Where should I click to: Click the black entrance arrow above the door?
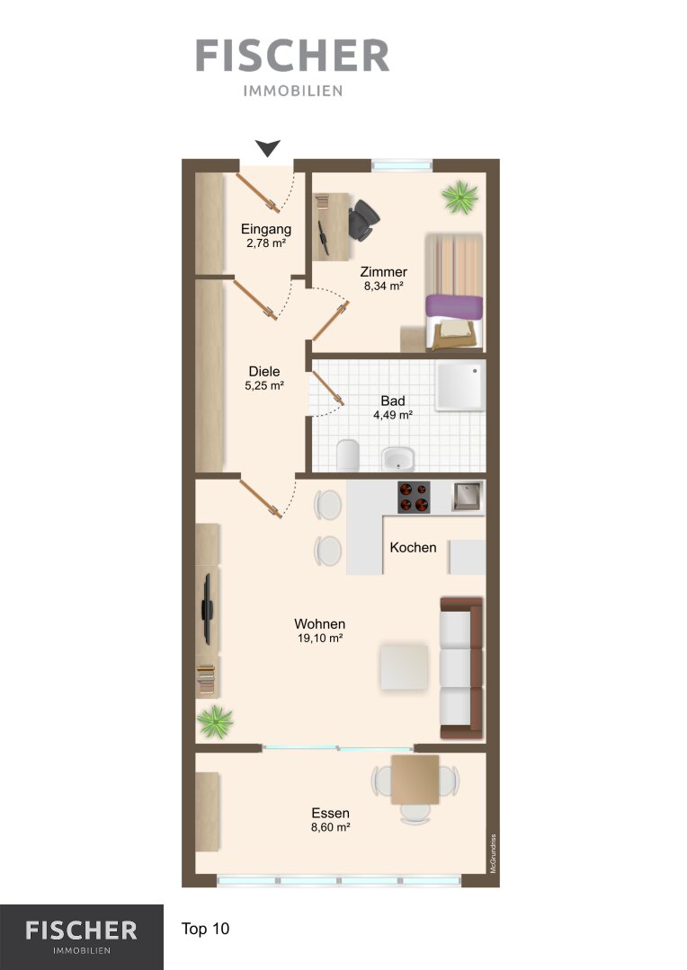(x=268, y=148)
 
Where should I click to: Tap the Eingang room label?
(x=266, y=229)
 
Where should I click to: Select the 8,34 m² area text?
(x=383, y=286)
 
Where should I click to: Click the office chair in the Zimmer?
(x=363, y=220)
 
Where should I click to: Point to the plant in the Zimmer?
(x=460, y=198)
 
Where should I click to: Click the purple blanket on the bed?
(x=454, y=307)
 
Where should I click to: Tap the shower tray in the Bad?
(x=459, y=386)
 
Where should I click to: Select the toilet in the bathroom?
(x=348, y=454)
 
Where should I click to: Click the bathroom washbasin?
(x=397, y=458)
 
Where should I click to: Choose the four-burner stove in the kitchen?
(x=414, y=498)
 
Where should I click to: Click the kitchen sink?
(x=467, y=496)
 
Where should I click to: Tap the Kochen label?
(x=414, y=548)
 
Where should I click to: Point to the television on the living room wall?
(x=208, y=609)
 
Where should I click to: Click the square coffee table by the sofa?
(x=404, y=666)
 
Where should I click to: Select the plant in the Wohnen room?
(x=215, y=722)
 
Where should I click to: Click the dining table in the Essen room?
(x=415, y=780)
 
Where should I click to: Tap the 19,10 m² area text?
(x=320, y=638)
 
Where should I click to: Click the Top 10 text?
(x=205, y=929)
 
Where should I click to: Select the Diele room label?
(x=264, y=371)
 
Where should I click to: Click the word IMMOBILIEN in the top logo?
(x=293, y=91)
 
